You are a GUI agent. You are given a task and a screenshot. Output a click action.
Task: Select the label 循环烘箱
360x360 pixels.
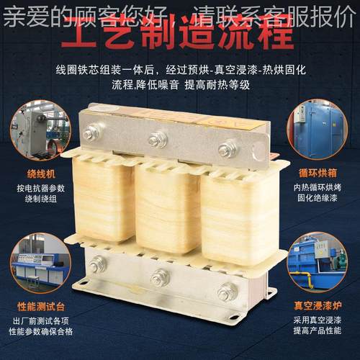click(x=315, y=173)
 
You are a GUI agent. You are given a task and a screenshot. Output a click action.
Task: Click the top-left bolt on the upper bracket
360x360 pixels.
click(x=91, y=132)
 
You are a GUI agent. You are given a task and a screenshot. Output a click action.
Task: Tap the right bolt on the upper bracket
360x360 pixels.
click(x=228, y=149)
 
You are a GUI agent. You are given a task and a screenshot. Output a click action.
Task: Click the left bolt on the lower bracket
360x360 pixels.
click(x=97, y=264)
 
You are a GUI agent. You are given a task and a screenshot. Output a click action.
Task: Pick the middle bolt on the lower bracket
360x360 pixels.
click(x=160, y=277)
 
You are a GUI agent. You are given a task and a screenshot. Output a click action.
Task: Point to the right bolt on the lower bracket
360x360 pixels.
click(x=228, y=291)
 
